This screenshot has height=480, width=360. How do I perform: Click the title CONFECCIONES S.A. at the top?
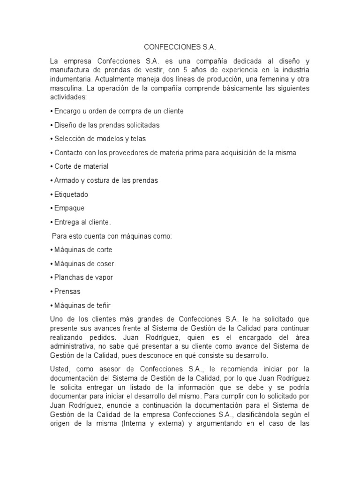(180, 47)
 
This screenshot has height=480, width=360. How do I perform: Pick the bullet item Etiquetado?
(71, 194)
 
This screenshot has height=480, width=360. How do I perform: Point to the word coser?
(105, 263)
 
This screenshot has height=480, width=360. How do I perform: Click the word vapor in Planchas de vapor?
(103, 277)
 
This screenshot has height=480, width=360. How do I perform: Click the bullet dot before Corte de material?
(51, 166)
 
